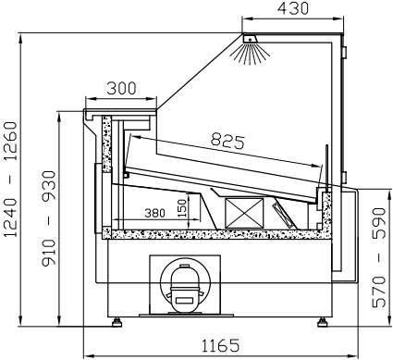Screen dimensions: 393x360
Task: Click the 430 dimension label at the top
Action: [x=292, y=8]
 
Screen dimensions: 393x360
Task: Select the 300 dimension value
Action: [x=121, y=89]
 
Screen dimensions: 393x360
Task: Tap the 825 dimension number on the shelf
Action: [x=227, y=142]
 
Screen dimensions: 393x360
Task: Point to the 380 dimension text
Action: [x=155, y=213]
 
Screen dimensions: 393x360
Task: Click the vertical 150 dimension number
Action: [x=182, y=208]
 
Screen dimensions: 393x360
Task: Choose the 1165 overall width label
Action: [x=220, y=345]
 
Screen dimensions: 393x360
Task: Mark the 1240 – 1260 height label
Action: [x=11, y=180]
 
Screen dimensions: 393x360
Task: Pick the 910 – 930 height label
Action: [x=49, y=218]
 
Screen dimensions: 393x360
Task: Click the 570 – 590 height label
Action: [x=379, y=257]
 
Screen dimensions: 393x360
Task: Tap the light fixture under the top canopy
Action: [x=250, y=39]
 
